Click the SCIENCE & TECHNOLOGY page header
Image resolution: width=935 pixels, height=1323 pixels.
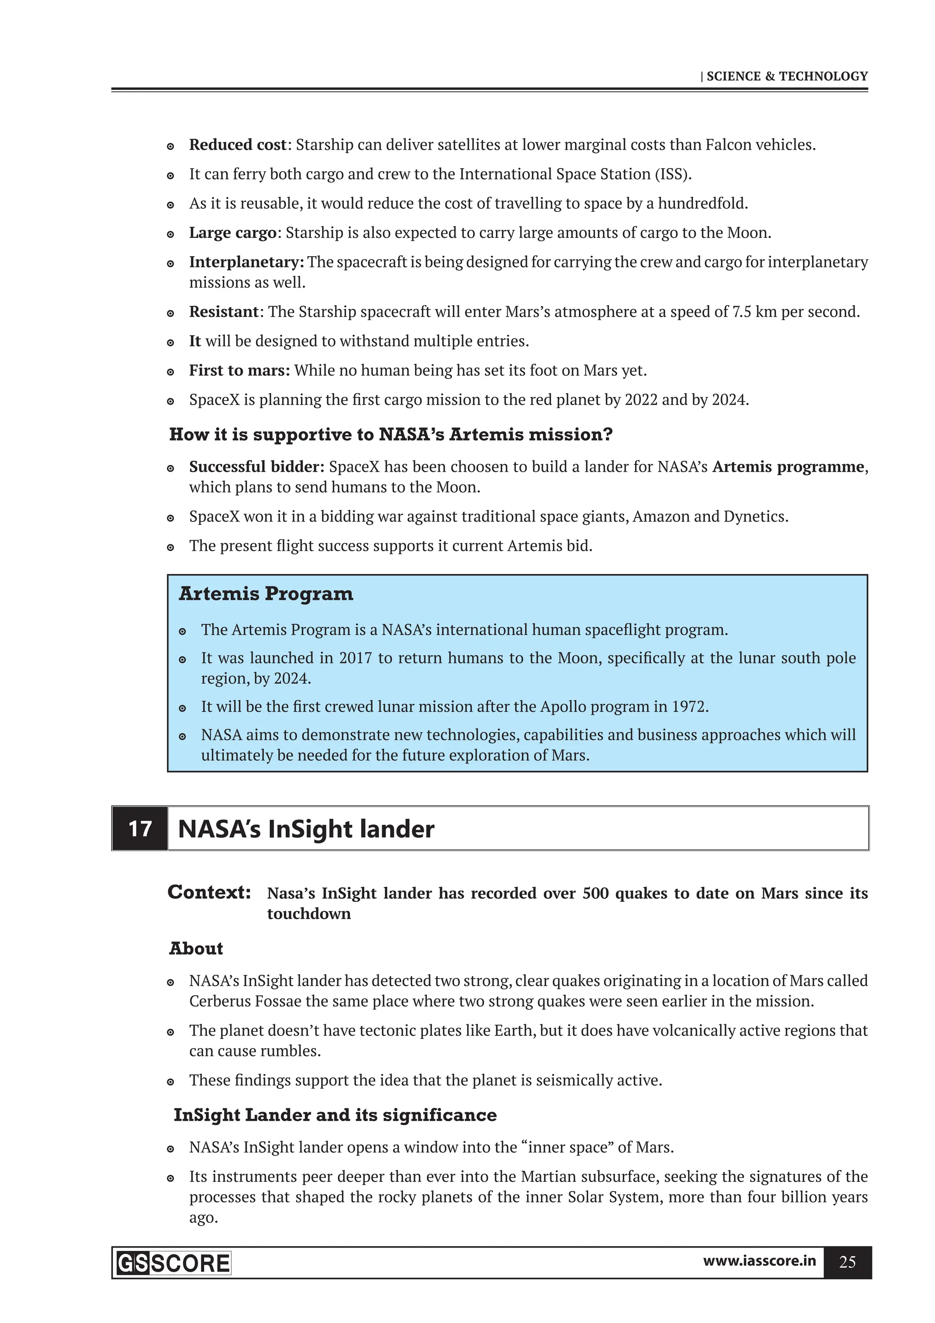(x=786, y=76)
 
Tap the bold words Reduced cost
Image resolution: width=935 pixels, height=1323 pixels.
(x=237, y=145)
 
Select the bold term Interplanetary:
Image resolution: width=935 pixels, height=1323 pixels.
(x=247, y=262)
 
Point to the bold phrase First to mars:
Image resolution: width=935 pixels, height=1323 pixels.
(x=240, y=370)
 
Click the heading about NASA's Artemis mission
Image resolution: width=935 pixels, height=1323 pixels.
(x=391, y=434)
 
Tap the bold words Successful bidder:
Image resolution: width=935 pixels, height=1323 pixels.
(x=257, y=467)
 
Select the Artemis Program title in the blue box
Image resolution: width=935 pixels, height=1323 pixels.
(x=266, y=594)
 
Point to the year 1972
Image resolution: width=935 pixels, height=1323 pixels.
(x=689, y=706)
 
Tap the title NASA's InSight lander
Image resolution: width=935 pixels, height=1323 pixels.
(x=306, y=829)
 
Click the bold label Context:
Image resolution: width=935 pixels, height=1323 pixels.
(x=209, y=892)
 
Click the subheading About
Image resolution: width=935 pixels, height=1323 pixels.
(x=196, y=949)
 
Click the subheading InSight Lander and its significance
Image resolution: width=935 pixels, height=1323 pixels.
(x=335, y=1115)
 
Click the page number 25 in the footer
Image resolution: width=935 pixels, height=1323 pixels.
(x=847, y=1263)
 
